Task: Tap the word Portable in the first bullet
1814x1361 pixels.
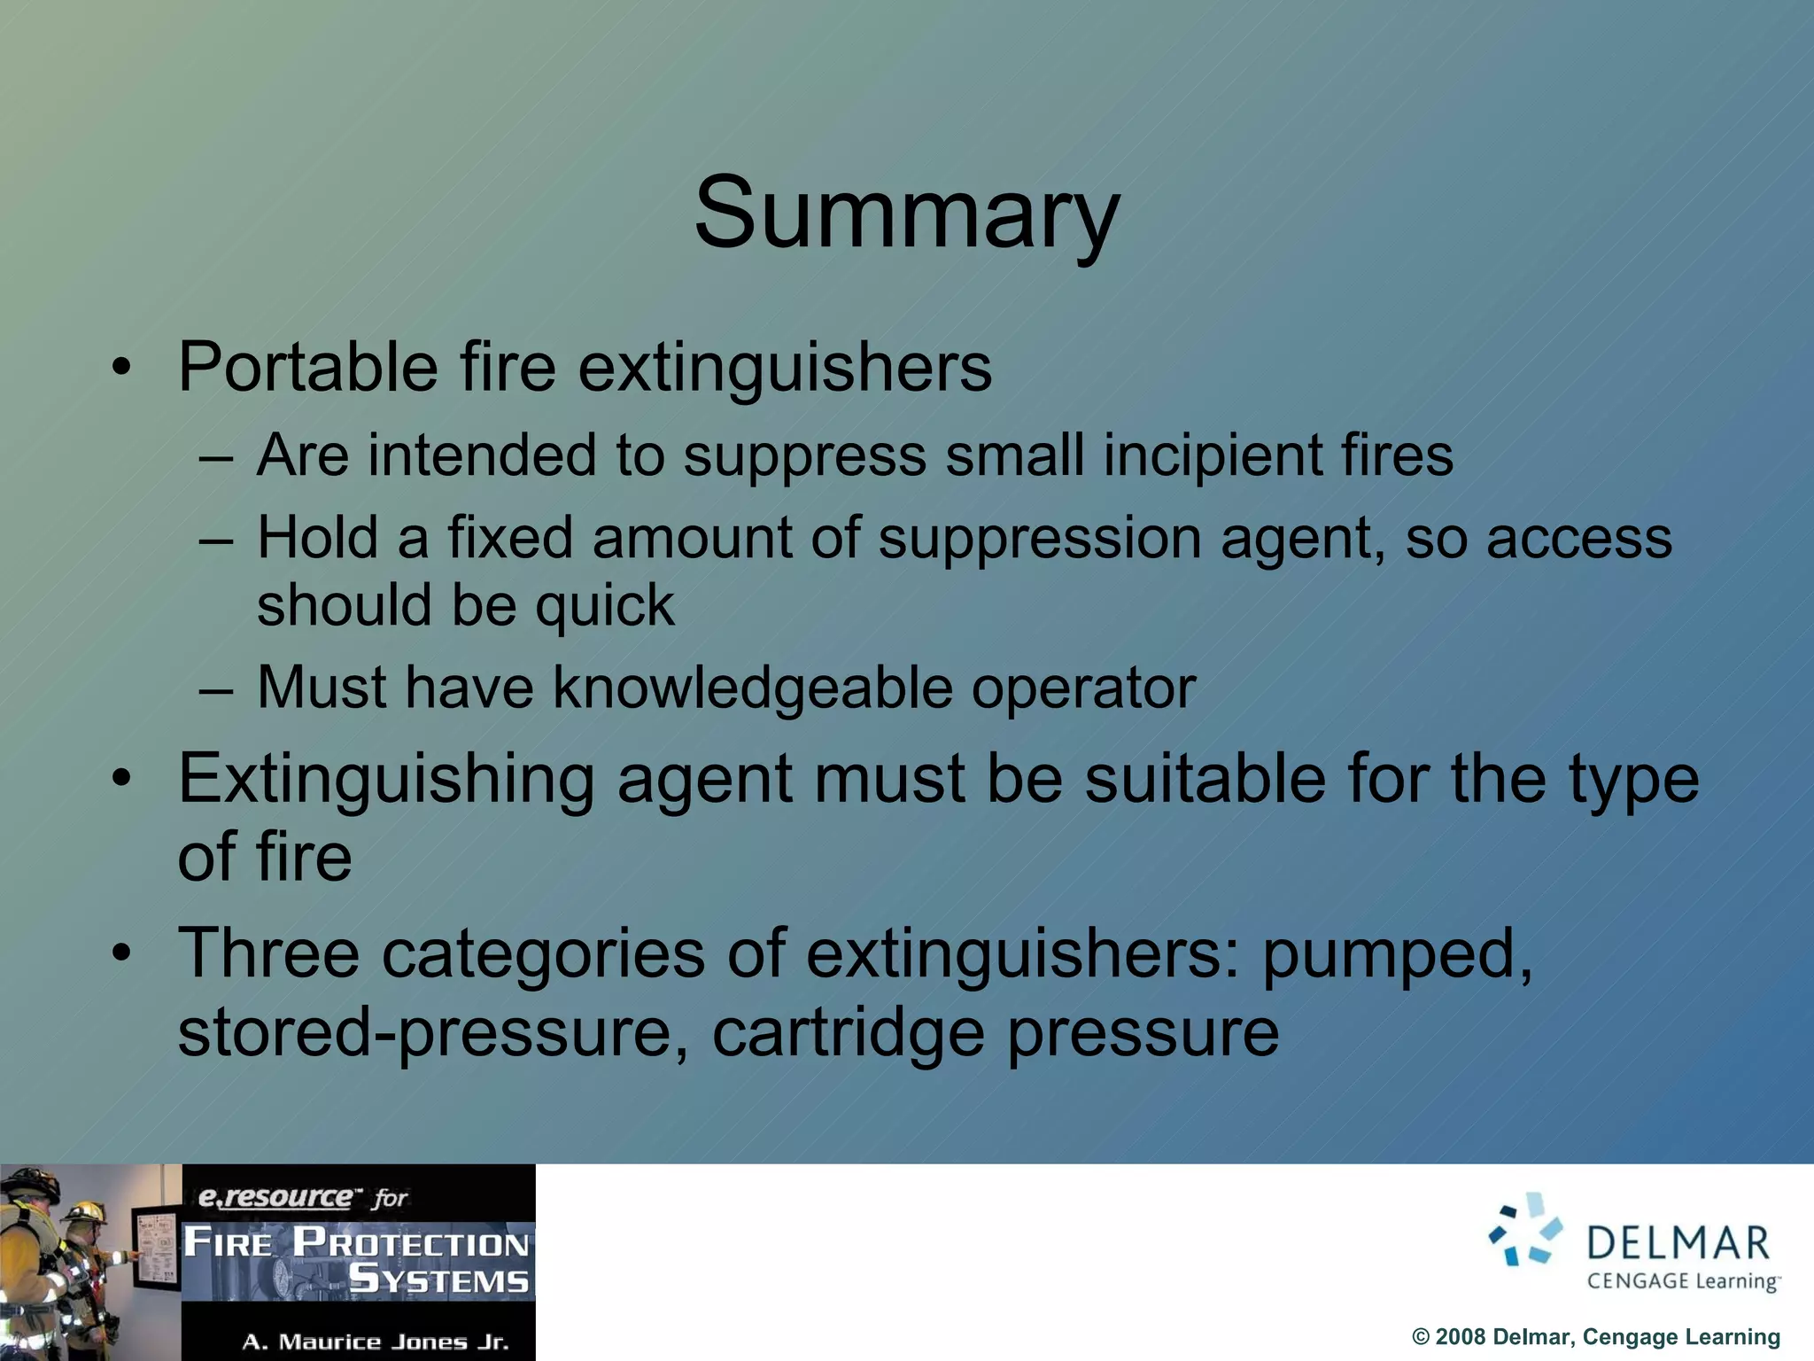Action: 307,367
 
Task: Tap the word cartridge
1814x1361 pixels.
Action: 848,1033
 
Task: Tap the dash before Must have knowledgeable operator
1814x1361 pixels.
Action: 216,689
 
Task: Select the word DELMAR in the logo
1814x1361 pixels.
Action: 1678,1243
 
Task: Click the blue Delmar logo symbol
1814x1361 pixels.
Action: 1525,1230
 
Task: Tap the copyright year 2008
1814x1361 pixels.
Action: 1460,1337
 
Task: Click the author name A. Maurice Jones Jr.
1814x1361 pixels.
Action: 376,1342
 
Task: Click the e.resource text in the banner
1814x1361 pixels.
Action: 275,1198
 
